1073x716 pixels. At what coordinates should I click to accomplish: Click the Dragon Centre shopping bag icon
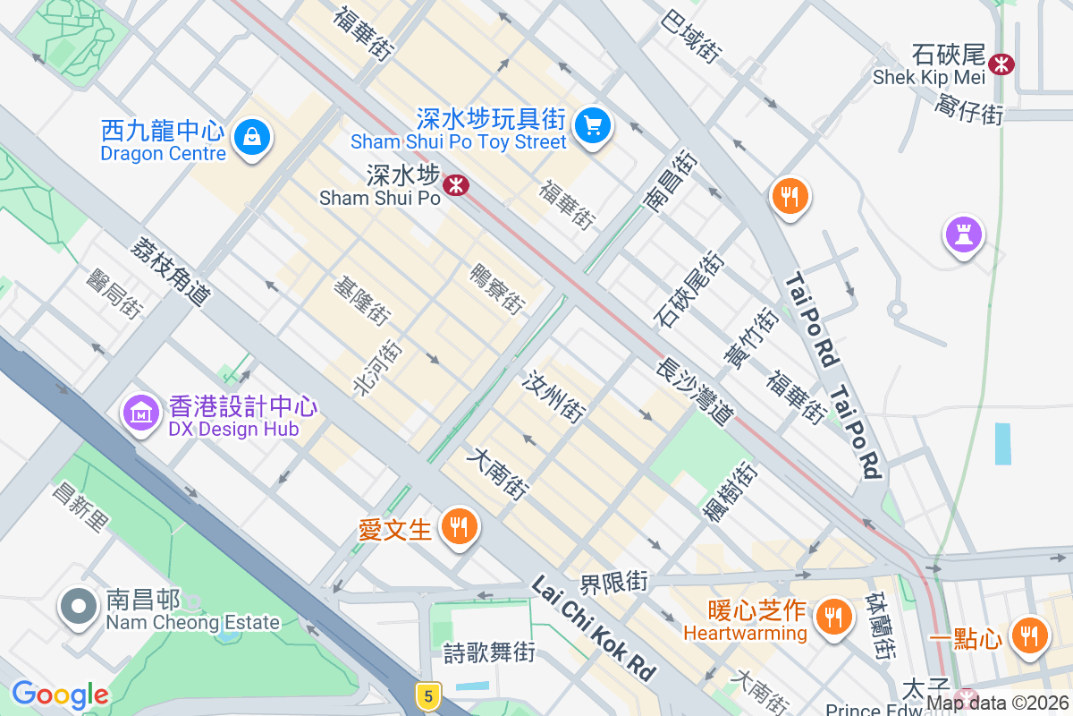pyautogui.click(x=252, y=138)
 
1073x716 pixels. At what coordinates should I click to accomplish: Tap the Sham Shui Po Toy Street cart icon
pyautogui.click(x=591, y=124)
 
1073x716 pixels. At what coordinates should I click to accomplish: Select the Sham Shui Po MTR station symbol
pyautogui.click(x=458, y=185)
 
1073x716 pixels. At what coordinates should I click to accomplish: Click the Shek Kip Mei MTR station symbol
pyautogui.click(x=1001, y=64)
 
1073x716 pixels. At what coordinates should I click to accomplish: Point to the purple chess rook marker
pyautogui.click(x=963, y=235)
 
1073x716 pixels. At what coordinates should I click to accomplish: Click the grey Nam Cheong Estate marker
pyautogui.click(x=79, y=606)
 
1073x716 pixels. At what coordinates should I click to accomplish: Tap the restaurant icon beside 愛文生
pyautogui.click(x=460, y=527)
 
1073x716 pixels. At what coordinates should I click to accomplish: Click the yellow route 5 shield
pyautogui.click(x=429, y=695)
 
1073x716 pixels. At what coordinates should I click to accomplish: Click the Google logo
pyautogui.click(x=60, y=695)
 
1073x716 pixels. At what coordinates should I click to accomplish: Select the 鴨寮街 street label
pyautogui.click(x=496, y=289)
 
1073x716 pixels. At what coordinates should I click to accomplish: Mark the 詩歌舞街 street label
pyautogui.click(x=489, y=652)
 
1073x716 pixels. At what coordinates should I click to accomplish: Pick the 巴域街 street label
pyautogui.click(x=690, y=37)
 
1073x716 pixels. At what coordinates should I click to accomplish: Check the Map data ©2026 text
pyautogui.click(x=997, y=703)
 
